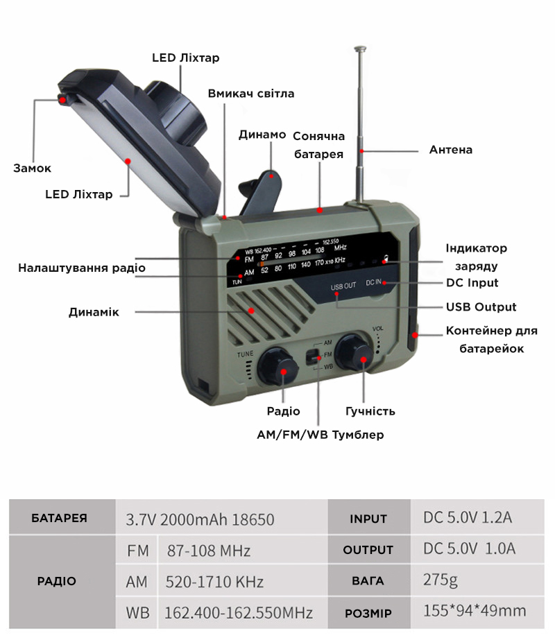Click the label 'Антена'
450,150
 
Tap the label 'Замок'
33,168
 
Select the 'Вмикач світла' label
251,94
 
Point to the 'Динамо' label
262,135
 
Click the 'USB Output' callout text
481,307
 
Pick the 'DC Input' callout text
472,283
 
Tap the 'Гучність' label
370,411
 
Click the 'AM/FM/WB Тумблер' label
321,435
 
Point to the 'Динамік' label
94,312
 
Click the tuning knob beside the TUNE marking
277,366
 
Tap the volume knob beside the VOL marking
355,352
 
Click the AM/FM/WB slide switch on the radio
313,356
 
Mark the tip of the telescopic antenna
360,48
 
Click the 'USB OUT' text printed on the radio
343,286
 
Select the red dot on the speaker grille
252,311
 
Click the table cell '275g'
477,580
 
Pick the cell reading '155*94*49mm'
477,612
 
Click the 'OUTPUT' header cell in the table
369,549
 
